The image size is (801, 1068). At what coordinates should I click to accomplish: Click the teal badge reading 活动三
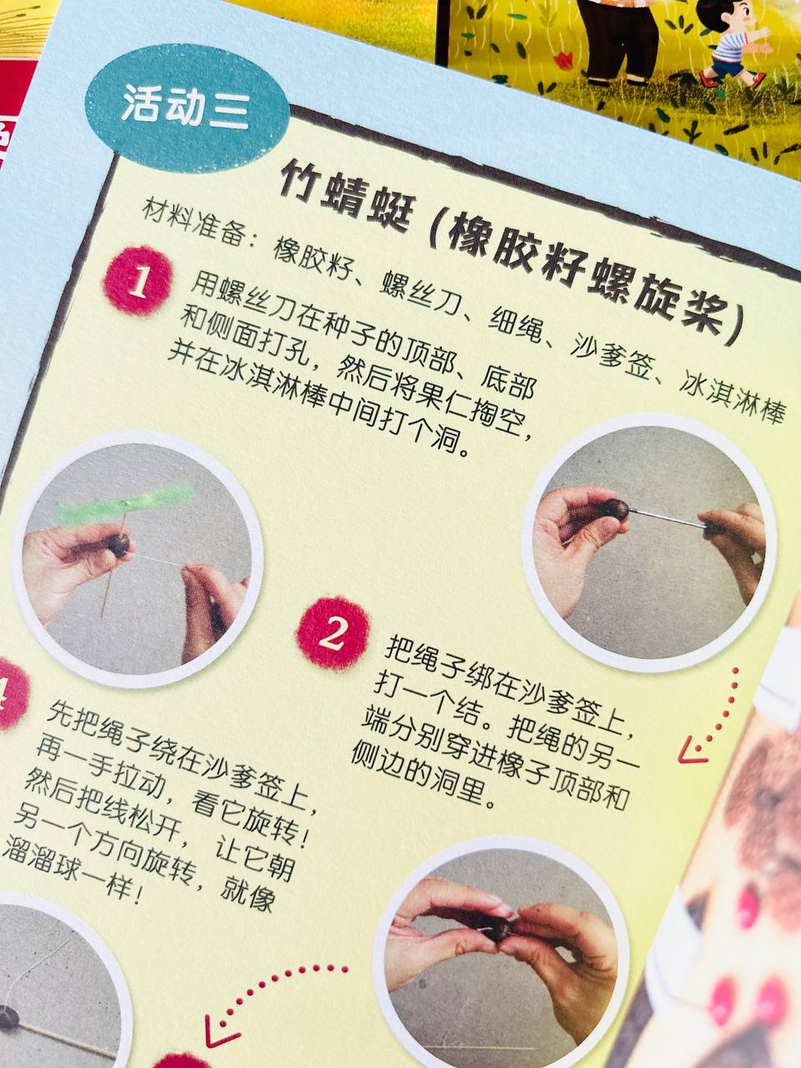187,108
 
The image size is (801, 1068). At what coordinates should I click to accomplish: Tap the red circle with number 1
138,280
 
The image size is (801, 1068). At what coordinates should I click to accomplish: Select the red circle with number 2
332,633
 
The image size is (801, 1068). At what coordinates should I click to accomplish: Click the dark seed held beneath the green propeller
118,546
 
